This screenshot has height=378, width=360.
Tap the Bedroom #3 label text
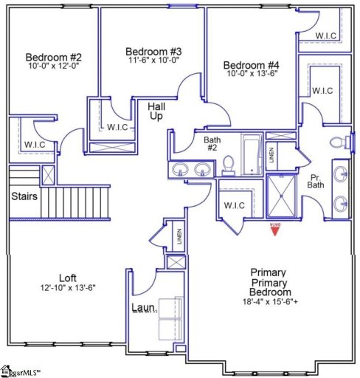[x=153, y=52]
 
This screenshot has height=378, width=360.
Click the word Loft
[x=68, y=277]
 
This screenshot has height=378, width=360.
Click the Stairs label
[x=24, y=197]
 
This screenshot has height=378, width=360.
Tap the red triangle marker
[x=274, y=230]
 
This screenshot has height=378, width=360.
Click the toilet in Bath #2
[x=228, y=165]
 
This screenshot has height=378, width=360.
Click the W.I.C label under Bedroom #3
[x=117, y=127]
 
